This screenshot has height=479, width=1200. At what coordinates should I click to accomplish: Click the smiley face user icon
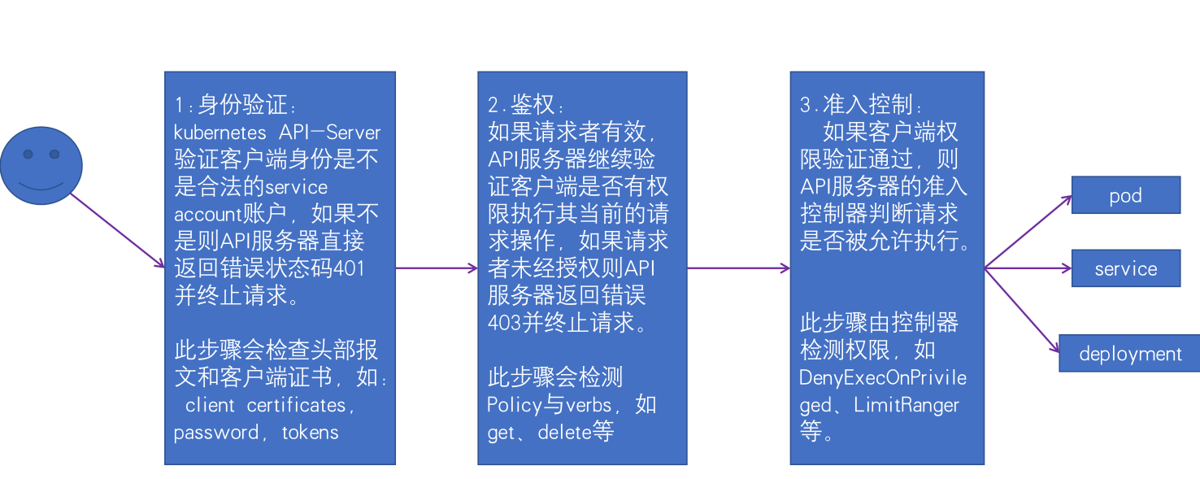[41, 165]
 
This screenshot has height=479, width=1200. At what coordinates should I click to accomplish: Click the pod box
[1125, 196]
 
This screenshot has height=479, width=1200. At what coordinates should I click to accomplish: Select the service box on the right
[1125, 269]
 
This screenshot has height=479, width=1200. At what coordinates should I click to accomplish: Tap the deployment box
[1129, 354]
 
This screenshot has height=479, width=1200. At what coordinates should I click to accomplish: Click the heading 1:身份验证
[236, 105]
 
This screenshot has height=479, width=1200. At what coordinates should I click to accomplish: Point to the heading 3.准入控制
[861, 105]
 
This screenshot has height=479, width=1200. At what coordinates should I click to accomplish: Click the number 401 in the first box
[348, 268]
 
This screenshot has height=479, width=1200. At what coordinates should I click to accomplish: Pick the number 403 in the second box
[504, 323]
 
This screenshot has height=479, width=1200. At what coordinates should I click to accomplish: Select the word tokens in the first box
[310, 433]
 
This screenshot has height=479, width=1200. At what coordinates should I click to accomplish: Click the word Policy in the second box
[515, 405]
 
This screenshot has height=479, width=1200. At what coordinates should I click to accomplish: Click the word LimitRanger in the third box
[907, 405]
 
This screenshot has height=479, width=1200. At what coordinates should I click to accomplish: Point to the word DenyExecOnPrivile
[883, 378]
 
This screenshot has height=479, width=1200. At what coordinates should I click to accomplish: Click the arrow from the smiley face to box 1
[117, 231]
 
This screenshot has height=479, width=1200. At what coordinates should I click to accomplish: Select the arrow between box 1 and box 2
[437, 268]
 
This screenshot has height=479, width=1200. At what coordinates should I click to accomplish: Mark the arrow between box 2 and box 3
[738, 268]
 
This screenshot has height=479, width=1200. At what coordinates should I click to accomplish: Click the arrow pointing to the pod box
[1028, 233]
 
